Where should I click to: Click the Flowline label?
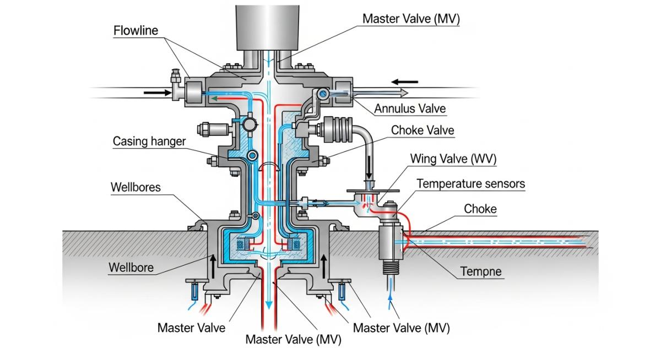pyautogui.click(x=136, y=30)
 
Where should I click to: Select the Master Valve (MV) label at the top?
pyautogui.click(x=411, y=19)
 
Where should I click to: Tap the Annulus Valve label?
pyautogui.click(x=410, y=109)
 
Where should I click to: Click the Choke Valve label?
pyautogui.click(x=422, y=130)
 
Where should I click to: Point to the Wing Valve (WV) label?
pyautogui.click(x=453, y=159)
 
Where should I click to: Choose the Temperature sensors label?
pyautogui.click(x=470, y=183)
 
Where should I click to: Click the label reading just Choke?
pyautogui.click(x=480, y=209)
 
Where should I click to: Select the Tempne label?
pyautogui.click(x=480, y=271)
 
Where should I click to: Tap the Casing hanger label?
pyautogui.click(x=149, y=141)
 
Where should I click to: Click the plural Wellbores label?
pyautogui.click(x=136, y=187)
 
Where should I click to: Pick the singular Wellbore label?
pyautogui.click(x=131, y=268)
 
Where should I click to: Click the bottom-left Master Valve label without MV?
pyautogui.click(x=191, y=328)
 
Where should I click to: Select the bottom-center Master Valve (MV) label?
pyautogui.click(x=293, y=339)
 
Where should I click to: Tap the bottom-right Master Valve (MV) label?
pyautogui.click(x=401, y=328)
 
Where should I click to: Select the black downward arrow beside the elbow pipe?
pyautogui.click(x=369, y=163)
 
